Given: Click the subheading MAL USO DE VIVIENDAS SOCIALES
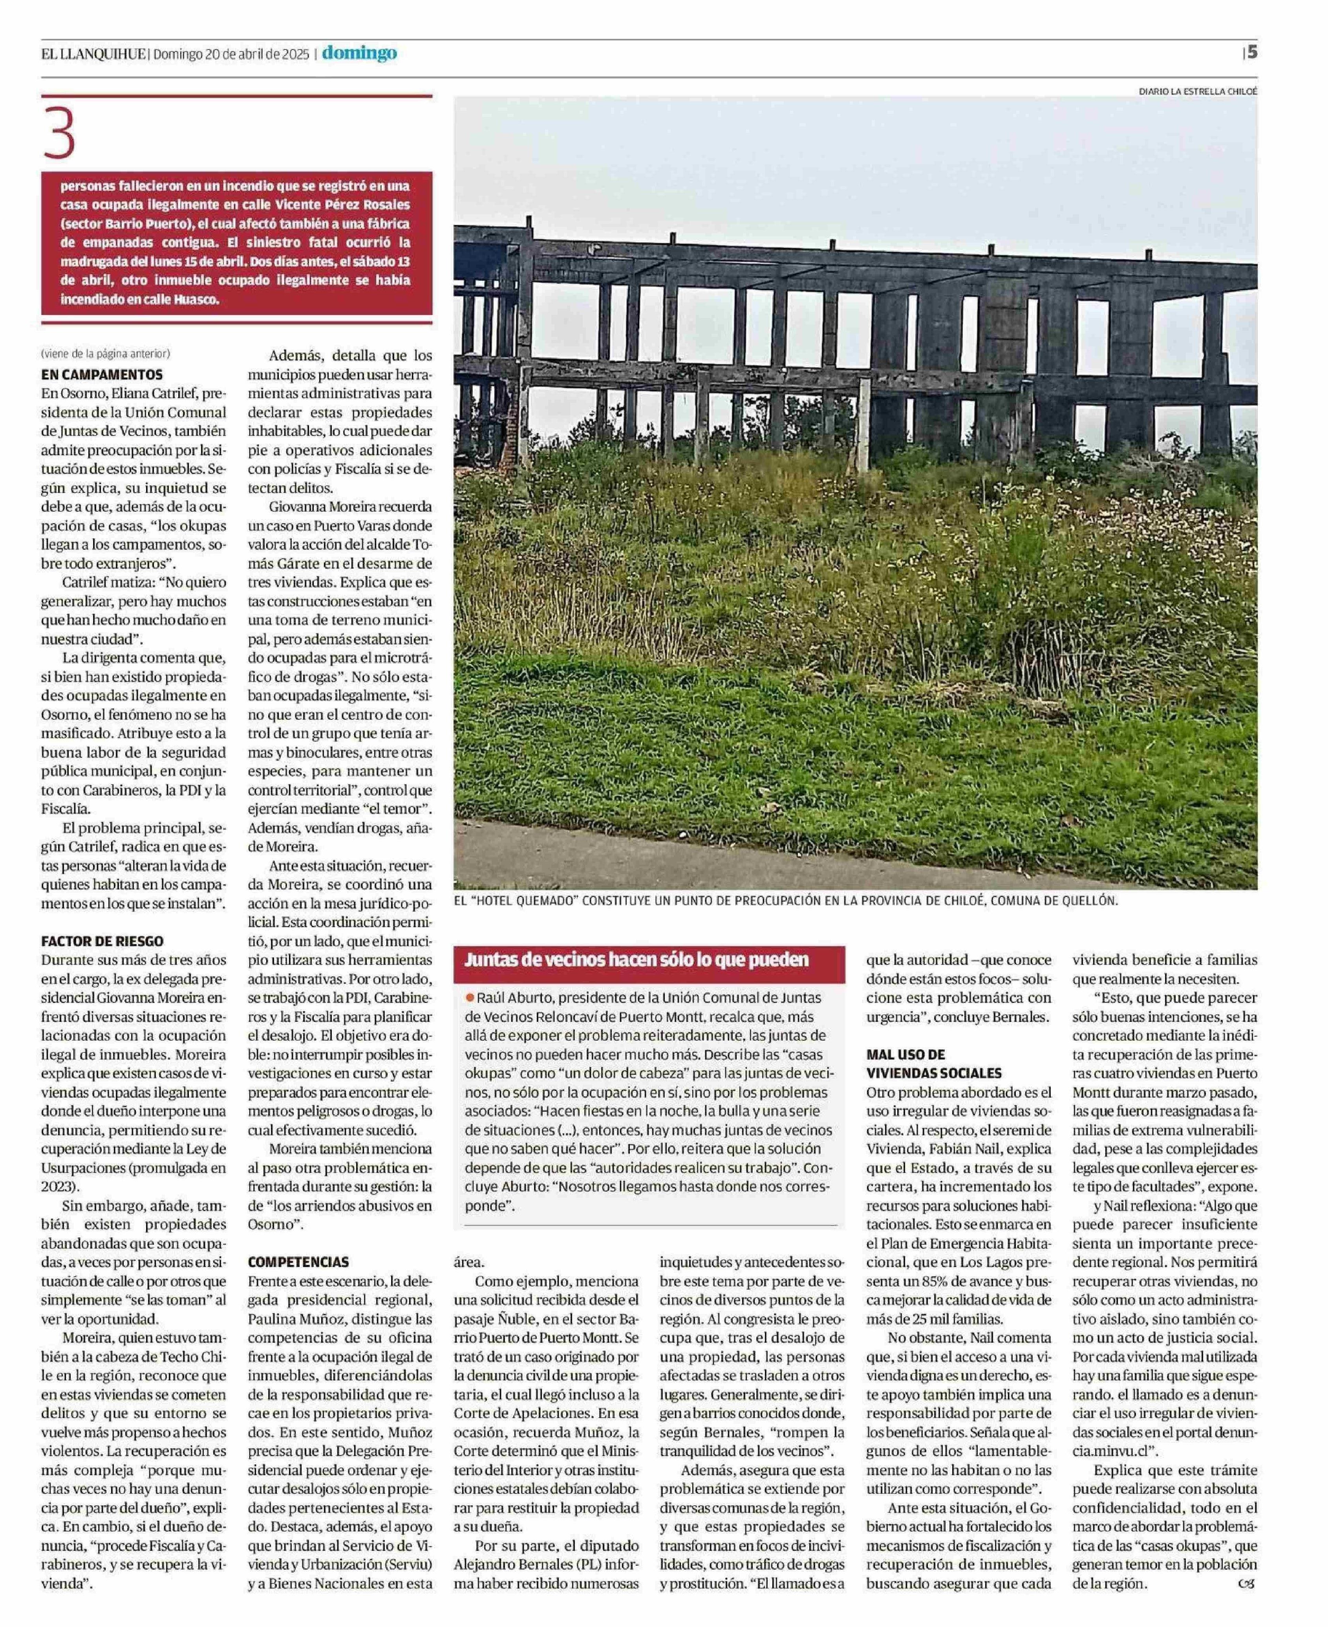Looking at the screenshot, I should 933,1064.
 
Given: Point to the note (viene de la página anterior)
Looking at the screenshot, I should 106,353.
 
